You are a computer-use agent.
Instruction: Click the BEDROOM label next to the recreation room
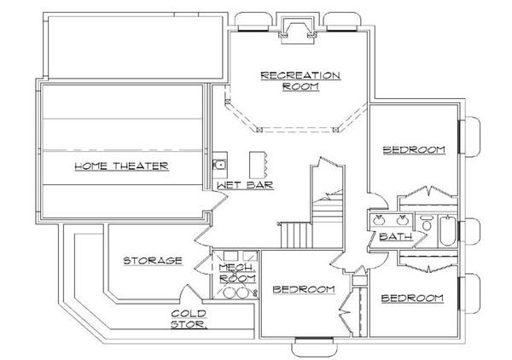414,150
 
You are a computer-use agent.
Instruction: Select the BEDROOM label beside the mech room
303,290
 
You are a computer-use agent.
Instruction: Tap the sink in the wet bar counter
218,165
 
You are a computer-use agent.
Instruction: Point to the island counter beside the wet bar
258,164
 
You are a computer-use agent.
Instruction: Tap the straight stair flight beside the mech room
294,233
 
